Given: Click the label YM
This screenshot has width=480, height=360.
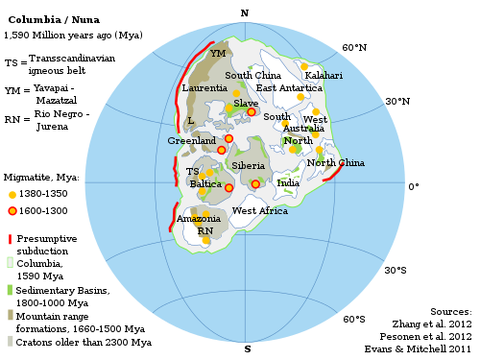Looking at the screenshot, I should (218, 54).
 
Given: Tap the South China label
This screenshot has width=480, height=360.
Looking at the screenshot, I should (252, 75).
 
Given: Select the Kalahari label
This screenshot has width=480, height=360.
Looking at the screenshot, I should (324, 75).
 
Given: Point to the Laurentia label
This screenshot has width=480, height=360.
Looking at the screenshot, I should (204, 88).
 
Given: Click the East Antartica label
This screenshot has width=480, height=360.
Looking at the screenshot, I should (289, 87).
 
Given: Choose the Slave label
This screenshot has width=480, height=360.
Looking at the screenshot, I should (246, 103).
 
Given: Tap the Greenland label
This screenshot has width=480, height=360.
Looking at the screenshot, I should (191, 140).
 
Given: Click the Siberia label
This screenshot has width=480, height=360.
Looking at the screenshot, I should (248, 166).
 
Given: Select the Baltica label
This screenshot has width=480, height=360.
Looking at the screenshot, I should (205, 183).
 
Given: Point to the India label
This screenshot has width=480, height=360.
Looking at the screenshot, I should (288, 182).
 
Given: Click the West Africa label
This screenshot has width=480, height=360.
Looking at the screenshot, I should (259, 210).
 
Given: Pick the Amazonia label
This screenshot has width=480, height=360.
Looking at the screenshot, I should (198, 219).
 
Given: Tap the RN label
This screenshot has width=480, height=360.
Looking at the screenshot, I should (205, 230).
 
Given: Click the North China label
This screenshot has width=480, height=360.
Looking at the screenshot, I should (335, 162).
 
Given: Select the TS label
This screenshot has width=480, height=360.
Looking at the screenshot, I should (192, 172).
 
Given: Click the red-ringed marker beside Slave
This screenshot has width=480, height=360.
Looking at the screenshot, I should (252, 112).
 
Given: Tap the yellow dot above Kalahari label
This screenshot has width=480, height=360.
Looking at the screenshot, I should (304, 66).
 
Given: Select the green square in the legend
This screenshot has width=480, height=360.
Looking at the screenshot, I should (10, 288).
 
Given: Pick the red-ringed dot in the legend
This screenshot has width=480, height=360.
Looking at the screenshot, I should (12, 211).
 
